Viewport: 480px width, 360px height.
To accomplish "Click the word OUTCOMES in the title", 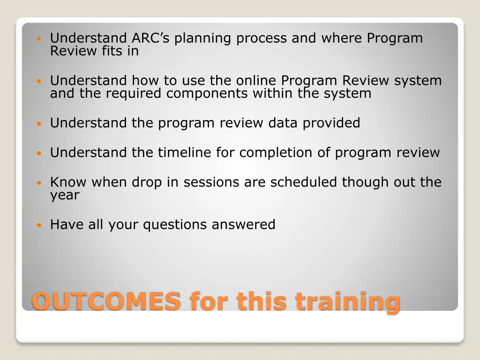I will pyautogui.click(x=106, y=301).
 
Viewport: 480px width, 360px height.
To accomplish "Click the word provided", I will pyautogui.click(x=331, y=123).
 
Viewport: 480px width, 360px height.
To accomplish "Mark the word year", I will pyautogui.click(x=65, y=195).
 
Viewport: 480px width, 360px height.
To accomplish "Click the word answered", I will pyautogui.click(x=243, y=225).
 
